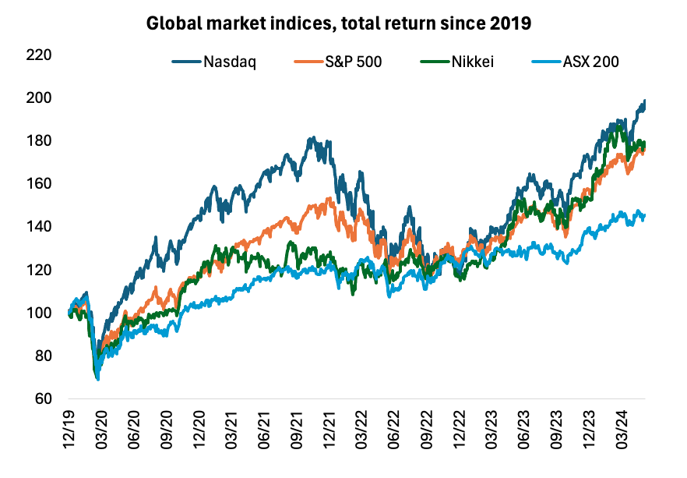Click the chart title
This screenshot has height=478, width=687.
(339, 23)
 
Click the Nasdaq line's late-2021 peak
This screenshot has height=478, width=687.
(312, 138)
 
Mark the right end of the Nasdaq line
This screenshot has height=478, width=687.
(645, 101)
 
